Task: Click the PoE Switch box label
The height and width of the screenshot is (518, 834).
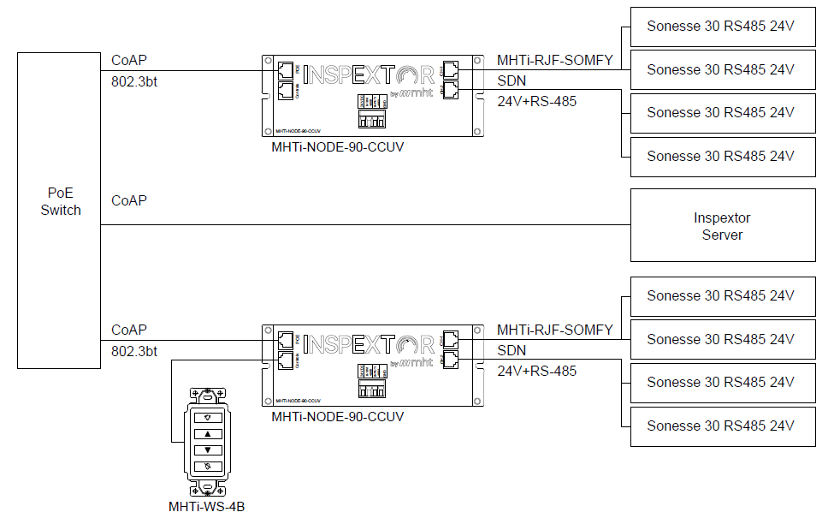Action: click(60, 201)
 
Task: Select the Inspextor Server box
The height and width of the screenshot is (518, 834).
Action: click(722, 226)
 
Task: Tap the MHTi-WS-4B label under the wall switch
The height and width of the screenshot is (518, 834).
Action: click(207, 506)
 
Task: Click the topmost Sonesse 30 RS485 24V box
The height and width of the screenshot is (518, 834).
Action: click(722, 27)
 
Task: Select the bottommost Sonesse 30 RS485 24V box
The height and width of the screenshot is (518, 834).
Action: click(722, 426)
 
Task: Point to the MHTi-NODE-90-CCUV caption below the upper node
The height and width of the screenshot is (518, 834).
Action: click(337, 147)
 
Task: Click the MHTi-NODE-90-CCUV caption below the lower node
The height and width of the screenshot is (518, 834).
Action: click(337, 417)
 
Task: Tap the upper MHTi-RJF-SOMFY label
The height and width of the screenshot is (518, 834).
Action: click(554, 60)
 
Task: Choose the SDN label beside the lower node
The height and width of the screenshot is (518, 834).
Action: click(512, 351)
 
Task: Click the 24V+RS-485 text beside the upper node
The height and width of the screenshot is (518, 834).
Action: click(536, 102)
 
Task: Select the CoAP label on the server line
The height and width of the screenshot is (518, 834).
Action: click(129, 201)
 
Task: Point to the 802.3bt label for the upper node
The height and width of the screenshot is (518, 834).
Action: click(134, 83)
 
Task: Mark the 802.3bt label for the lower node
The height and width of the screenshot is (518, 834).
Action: click(134, 352)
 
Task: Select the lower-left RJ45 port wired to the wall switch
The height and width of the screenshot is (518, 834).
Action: click(286, 360)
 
